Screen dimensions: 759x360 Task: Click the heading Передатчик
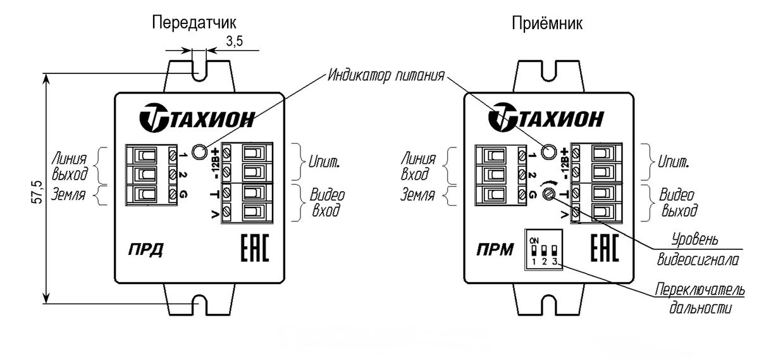pos(194,23)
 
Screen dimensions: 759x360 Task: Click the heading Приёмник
pos(547,23)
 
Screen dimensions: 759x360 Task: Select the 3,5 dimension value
pos(235,41)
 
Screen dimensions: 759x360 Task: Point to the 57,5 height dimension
pos(37,192)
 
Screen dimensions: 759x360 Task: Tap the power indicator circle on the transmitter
pos(199,151)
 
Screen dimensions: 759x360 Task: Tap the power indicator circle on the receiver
pos(548,151)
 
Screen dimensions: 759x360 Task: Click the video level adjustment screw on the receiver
pos(548,194)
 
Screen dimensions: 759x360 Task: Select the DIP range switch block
pos(544,249)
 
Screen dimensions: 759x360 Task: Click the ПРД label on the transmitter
pos(145,250)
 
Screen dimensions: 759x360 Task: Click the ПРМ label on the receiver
pos(495,250)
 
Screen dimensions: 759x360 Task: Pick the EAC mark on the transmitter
pos(255,248)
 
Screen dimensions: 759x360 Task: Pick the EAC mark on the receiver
pos(605,248)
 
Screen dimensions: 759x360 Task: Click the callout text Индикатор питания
pos(386,75)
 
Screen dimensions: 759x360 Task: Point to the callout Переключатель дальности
pos(700,299)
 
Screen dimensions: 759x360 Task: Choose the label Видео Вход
pos(326,202)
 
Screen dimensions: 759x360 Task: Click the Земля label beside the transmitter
pos(68,195)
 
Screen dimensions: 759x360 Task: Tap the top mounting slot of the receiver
pos(549,71)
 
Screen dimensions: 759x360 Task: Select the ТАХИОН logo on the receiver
pos(546,117)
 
